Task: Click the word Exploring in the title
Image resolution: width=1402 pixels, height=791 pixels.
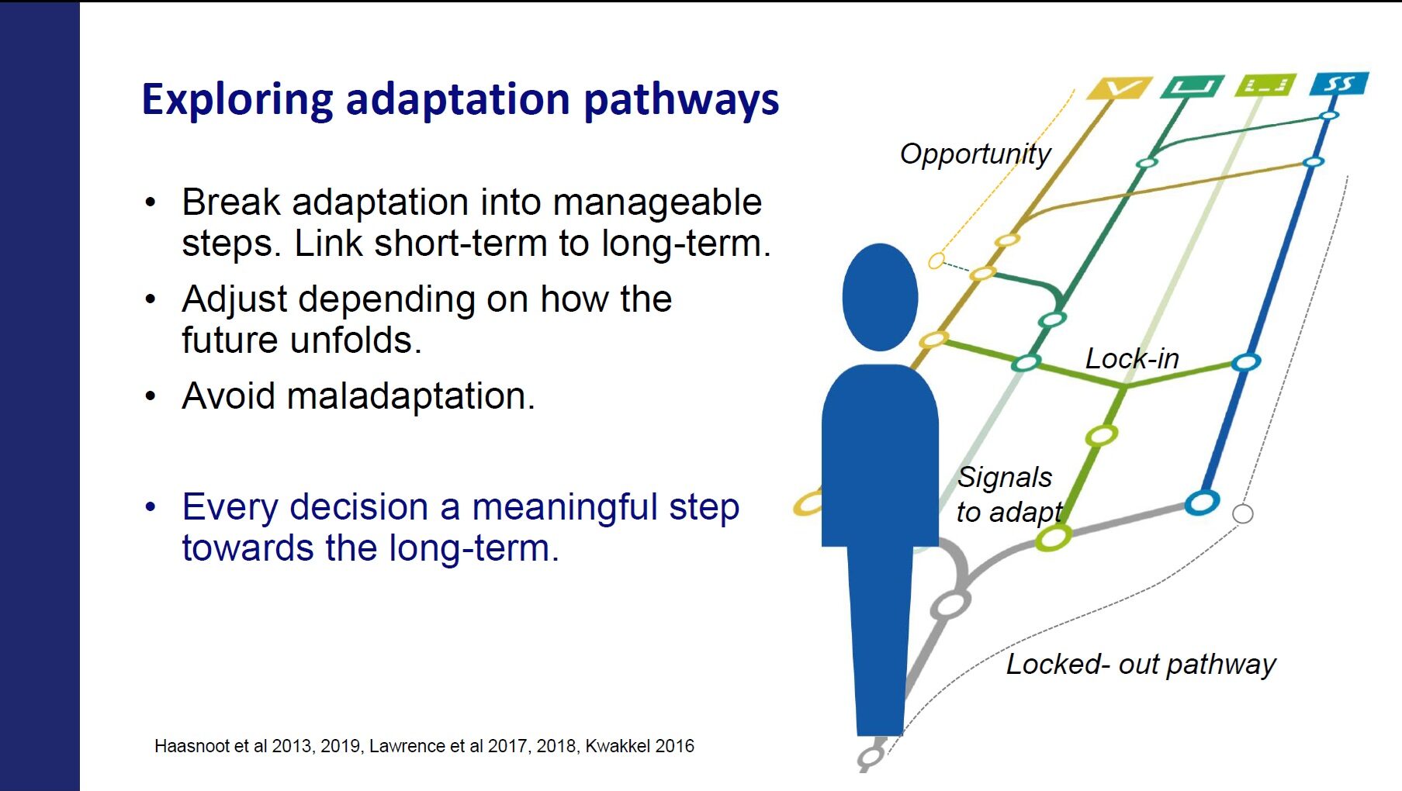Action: [x=238, y=101]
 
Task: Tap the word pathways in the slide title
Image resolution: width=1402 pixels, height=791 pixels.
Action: [x=681, y=101]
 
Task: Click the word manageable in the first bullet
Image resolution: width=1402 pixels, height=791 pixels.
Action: [x=657, y=203]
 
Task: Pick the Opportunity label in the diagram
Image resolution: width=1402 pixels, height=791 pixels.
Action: [x=975, y=155]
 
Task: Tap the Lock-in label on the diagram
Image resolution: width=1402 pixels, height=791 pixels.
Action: [x=1132, y=358]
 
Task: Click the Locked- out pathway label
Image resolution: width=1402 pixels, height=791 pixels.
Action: [x=1141, y=665]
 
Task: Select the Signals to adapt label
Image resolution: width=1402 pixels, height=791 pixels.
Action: [x=1009, y=494]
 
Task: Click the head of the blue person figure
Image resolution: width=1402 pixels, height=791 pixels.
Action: [x=881, y=297]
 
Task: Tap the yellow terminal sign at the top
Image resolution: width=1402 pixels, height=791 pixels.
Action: [x=1118, y=88]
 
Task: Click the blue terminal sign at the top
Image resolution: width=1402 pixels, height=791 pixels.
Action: [x=1339, y=84]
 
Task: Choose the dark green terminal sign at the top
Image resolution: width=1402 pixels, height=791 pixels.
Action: [x=1193, y=86]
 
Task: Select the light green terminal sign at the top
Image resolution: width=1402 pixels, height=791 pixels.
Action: [x=1266, y=85]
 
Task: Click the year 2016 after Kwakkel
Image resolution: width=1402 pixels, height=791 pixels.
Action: [x=674, y=746]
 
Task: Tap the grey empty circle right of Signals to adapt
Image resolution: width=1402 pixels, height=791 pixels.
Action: [x=1243, y=513]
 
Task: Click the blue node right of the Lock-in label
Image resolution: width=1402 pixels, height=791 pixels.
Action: [x=1245, y=361]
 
